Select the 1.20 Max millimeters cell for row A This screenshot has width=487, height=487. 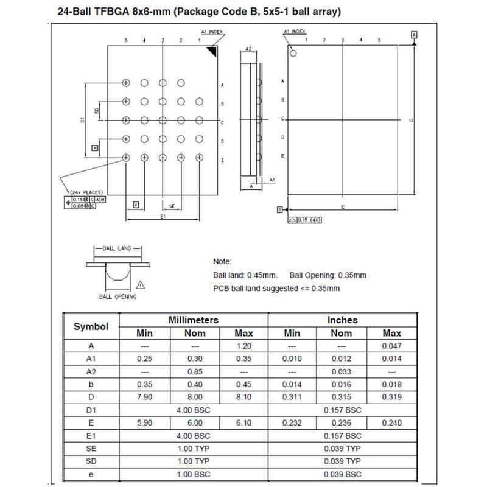click(x=243, y=346)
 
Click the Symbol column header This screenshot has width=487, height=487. click(x=91, y=326)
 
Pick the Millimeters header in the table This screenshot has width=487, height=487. click(x=193, y=320)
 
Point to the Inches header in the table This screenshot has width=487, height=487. click(x=342, y=320)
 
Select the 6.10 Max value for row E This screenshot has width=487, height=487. click(x=243, y=423)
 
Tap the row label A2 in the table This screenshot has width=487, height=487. click(x=91, y=371)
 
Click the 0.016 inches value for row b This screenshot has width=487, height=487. click(x=342, y=384)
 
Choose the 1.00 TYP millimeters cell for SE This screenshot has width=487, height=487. click(x=193, y=449)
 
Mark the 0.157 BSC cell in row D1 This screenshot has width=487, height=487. click(x=342, y=410)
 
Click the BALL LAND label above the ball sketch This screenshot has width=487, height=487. click(x=117, y=248)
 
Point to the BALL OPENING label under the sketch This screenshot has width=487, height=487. click(x=117, y=296)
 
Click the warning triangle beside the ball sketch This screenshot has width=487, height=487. click(x=141, y=284)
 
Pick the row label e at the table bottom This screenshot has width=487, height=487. click(x=91, y=474)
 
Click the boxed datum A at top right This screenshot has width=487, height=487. click(x=414, y=35)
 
